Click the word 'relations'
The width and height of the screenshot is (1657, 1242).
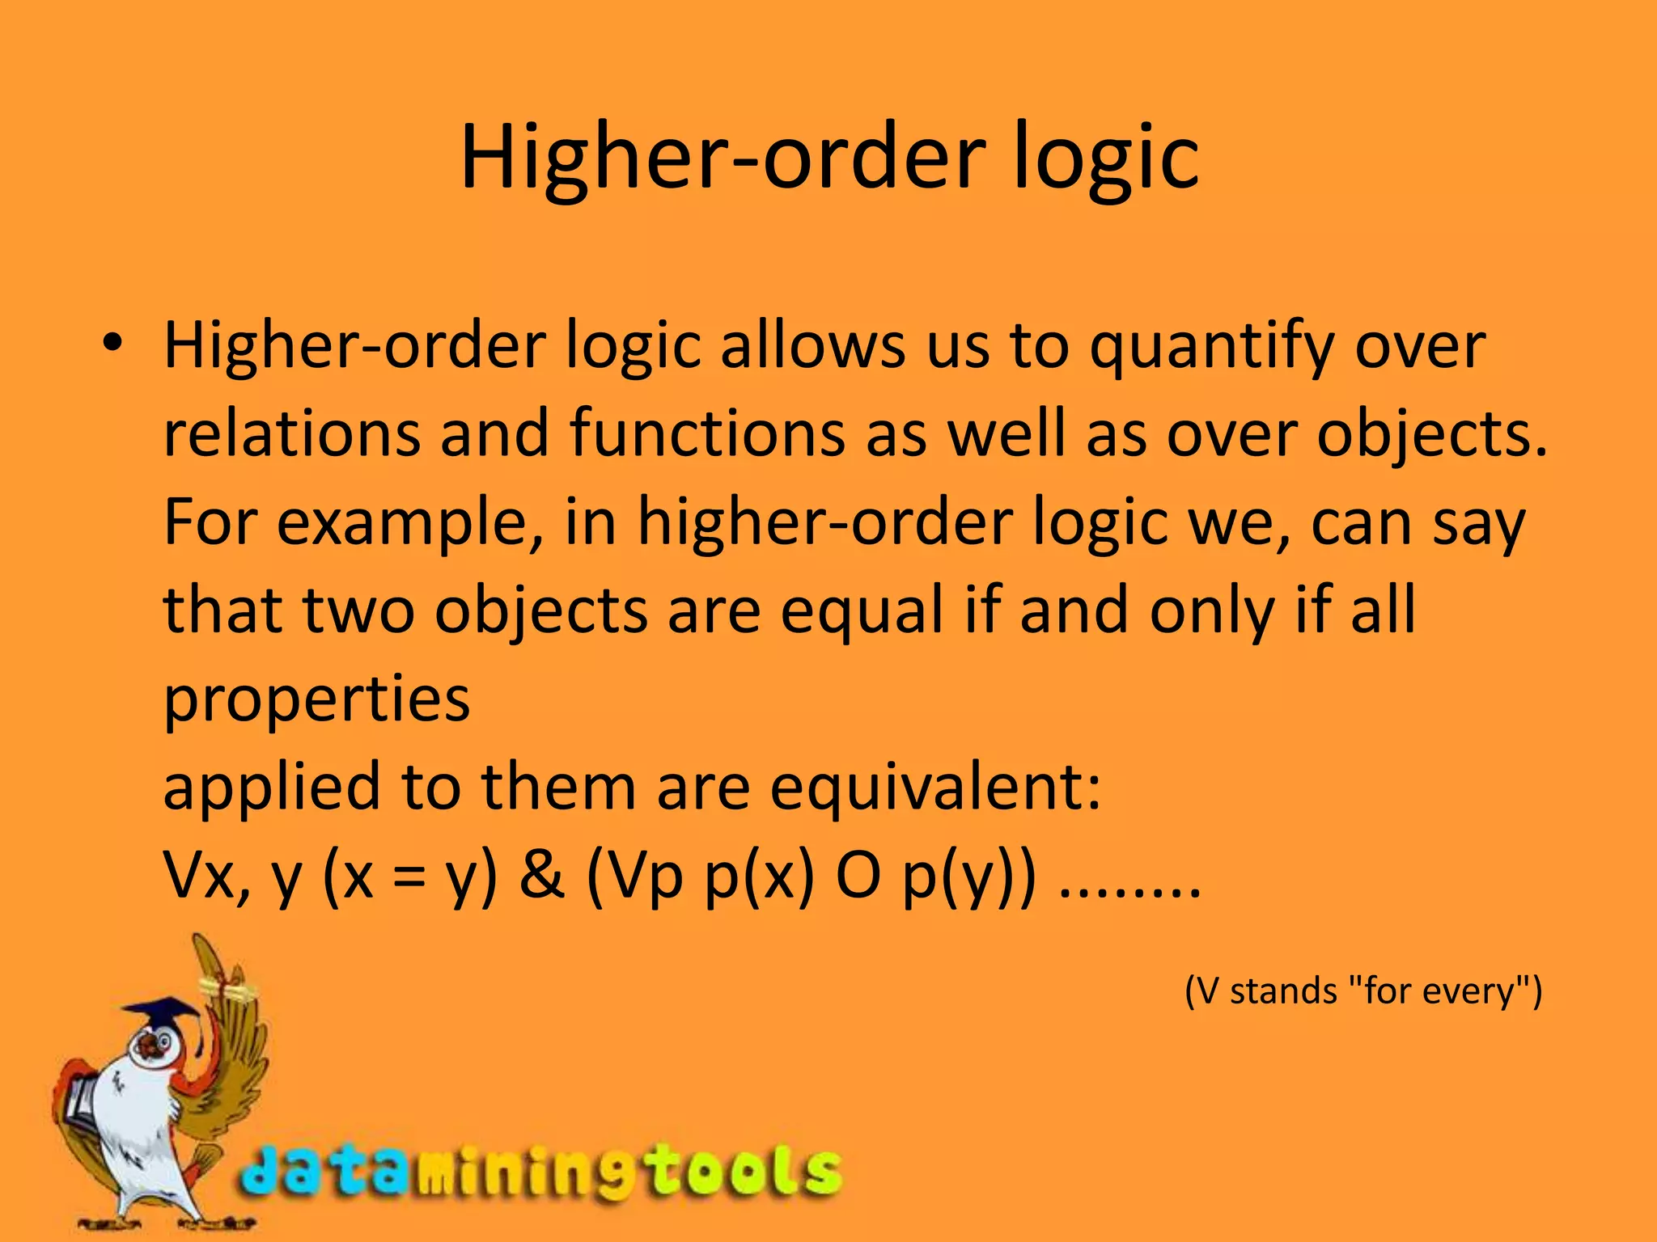pyautogui.click(x=292, y=433)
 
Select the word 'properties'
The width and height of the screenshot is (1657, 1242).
pyautogui.click(x=316, y=700)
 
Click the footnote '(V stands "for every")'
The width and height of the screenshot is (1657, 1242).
pyautogui.click(x=1363, y=991)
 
